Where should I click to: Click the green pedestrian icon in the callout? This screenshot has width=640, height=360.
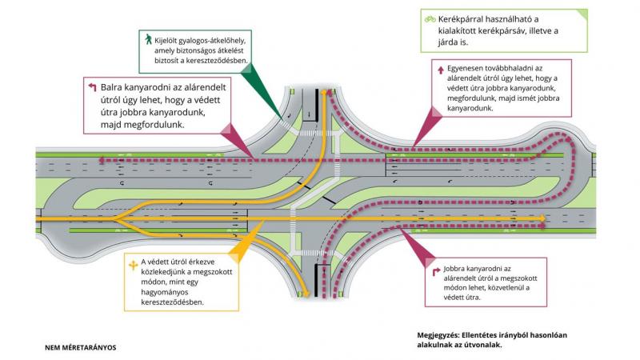(148, 38)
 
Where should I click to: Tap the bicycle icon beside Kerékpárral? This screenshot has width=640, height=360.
(430, 18)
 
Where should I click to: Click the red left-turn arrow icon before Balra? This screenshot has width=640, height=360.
(91, 84)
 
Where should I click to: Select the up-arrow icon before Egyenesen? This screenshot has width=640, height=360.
(440, 69)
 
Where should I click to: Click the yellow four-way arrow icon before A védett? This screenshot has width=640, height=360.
(132, 262)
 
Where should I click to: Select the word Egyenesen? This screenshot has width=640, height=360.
(470, 69)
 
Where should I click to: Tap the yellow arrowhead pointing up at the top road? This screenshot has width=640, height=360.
(325, 94)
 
